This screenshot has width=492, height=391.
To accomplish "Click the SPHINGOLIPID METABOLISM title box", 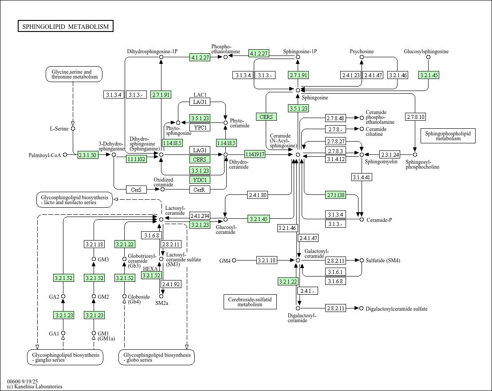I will coord(66,27).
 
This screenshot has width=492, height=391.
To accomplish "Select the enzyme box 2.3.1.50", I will coord(87,155).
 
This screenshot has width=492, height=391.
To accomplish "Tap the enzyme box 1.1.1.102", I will coord(136,159).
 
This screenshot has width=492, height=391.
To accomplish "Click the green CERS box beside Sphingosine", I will coord(266,117).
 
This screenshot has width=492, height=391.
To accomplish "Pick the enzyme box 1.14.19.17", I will coord(255,154).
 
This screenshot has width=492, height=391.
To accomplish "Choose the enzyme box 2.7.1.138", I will coord(336,195).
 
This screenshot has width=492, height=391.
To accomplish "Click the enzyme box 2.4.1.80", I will coord(257,195).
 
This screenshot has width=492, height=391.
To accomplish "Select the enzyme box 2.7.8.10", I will coord(415,117).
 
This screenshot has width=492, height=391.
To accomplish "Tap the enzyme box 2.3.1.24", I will coord(390,154).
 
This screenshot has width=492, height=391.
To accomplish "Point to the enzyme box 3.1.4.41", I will coord(362,178).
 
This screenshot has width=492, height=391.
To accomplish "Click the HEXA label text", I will coord(149,269).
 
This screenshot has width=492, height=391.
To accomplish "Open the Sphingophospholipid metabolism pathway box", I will coord(448,136).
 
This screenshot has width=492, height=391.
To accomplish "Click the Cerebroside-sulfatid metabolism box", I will coord(250,302).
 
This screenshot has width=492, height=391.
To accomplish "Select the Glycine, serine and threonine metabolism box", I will coord(74,74).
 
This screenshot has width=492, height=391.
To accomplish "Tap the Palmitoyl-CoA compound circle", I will coord(65,154).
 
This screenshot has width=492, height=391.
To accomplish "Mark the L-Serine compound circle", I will coord(73,128).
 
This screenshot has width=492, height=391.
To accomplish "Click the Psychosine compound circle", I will coord(362,57).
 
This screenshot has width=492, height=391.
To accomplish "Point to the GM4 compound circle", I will coord(234,260).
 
